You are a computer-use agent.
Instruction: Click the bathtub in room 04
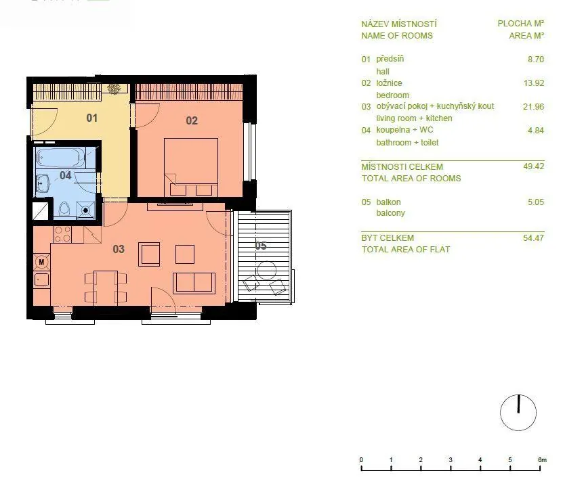61,157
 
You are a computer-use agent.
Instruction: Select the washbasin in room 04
42,183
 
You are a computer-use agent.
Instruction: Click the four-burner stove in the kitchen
62,234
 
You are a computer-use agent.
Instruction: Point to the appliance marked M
41,262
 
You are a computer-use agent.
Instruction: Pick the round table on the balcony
266,271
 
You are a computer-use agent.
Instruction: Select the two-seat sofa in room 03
194,283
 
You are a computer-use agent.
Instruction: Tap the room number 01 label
92,118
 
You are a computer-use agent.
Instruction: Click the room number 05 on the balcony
261,246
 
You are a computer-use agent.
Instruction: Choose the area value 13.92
534,83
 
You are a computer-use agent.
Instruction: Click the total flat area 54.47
534,237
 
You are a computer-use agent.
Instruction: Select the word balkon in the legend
388,202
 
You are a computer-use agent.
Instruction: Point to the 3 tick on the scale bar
451,468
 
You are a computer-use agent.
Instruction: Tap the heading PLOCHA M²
520,24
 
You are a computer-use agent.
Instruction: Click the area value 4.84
536,130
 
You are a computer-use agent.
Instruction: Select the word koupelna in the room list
393,130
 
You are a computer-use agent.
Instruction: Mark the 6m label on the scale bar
542,460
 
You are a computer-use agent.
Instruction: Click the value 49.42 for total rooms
534,166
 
